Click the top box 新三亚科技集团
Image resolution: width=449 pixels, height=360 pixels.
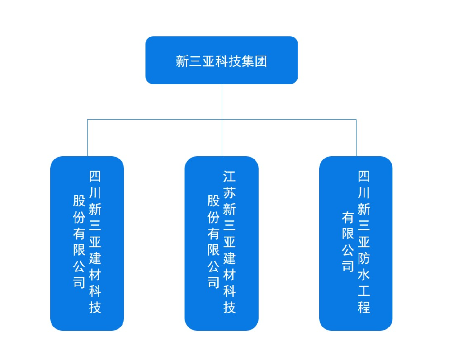221,60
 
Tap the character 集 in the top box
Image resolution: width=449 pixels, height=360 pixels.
248,61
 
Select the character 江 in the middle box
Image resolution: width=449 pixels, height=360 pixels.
229,177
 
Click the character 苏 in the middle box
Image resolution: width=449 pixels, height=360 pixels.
229,193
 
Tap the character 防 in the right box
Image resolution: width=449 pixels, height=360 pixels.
364,259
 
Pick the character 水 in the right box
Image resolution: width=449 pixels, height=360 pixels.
364,275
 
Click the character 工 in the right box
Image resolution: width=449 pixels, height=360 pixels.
364,291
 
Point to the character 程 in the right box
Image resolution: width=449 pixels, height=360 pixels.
364,307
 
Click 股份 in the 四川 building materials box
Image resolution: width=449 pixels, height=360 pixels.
79,209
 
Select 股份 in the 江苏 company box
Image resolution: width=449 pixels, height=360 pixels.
213,209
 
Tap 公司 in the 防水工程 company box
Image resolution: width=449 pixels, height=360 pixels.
348,258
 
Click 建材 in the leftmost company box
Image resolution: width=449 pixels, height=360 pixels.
95,267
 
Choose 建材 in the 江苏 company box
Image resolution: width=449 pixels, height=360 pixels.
229,267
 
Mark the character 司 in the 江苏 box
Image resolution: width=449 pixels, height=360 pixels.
213,282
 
